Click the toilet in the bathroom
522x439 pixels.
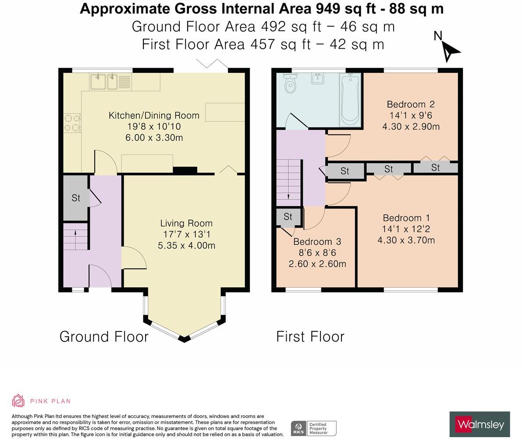[291, 83]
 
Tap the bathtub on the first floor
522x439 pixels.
[350, 99]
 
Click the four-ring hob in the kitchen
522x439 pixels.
[72, 122]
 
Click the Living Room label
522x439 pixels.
[186, 223]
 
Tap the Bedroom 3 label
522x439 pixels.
[317, 242]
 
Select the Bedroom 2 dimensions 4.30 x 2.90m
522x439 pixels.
[411, 127]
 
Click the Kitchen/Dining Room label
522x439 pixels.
[154, 116]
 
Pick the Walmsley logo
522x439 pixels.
[480, 425]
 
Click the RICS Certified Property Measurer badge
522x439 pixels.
[314, 428]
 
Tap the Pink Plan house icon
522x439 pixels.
[18, 401]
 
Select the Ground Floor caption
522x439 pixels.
[104, 336]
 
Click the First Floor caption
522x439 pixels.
[310, 336]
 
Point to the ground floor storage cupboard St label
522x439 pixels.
[76, 198]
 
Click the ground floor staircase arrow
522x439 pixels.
[75, 235]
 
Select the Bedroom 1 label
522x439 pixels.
[406, 218]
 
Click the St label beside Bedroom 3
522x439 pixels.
[288, 217]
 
